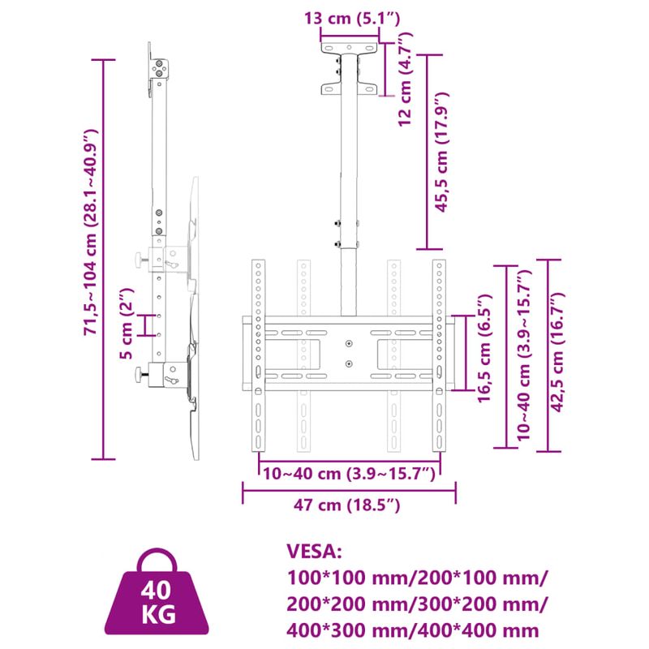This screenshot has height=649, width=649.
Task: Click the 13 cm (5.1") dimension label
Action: click(x=350, y=18)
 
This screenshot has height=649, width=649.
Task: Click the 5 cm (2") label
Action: click(x=125, y=324)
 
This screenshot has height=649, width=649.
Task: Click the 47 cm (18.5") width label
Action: click(x=348, y=505)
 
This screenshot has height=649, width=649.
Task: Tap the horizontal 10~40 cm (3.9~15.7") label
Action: click(x=349, y=472)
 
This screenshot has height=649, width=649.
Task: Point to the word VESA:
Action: click(x=316, y=552)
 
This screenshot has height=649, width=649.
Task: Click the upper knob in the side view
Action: click(x=142, y=260)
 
